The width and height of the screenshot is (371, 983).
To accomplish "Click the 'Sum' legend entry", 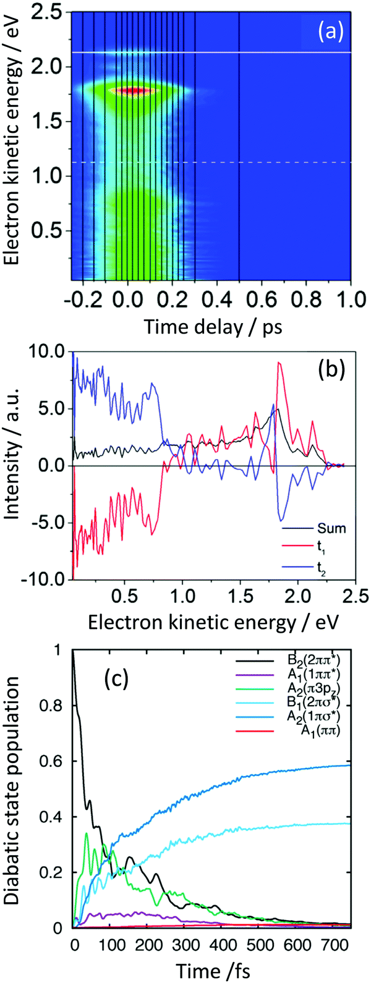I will coord(315,528).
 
